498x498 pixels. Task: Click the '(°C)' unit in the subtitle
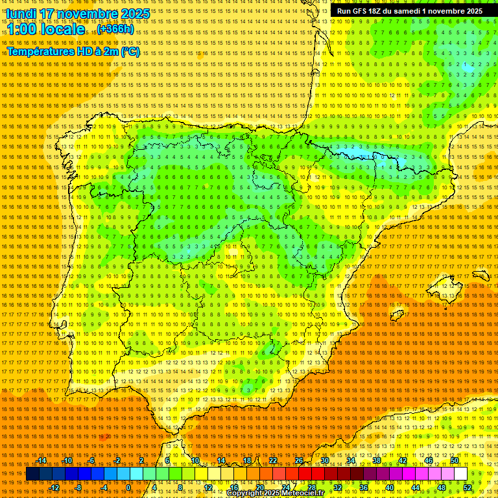point(130,51)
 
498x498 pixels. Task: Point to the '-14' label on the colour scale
point(41,460)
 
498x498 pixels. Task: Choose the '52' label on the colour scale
point(468,488)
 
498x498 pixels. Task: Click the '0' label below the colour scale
point(128,488)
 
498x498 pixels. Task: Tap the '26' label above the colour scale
point(299,460)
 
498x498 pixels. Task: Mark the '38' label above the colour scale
point(377,460)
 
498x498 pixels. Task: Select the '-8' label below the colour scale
point(79,488)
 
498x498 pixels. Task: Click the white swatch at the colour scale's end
point(460,474)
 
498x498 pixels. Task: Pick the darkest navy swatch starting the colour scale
point(32,474)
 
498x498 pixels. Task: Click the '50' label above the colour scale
point(455,460)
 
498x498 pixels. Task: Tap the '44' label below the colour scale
point(416,488)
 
